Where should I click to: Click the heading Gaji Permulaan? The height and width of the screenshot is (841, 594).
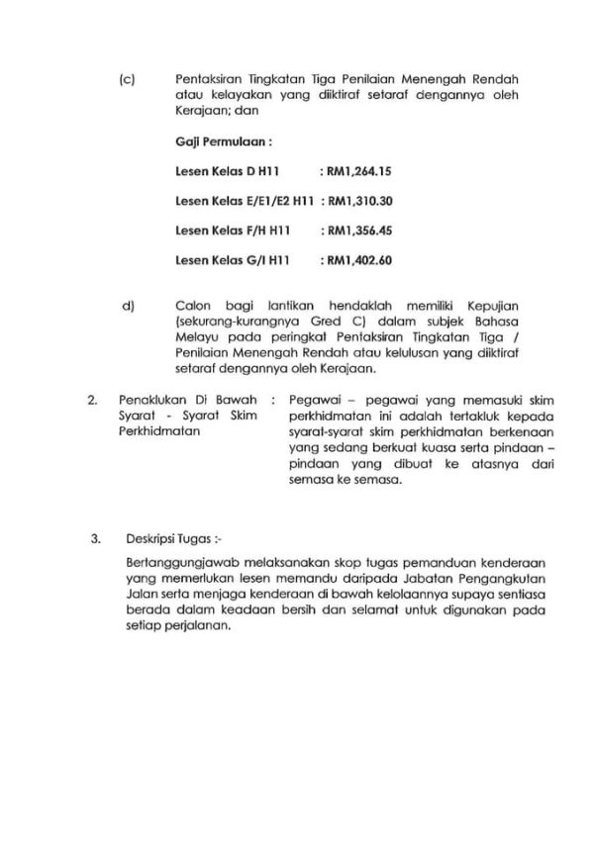209,141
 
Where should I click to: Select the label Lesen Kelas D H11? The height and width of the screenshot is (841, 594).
219,171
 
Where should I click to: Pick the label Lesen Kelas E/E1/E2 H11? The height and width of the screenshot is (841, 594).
243,201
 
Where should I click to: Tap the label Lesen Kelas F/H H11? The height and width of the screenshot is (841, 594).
225,231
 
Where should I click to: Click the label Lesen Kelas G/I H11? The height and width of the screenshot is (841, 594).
225,261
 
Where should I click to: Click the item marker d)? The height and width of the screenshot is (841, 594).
127,307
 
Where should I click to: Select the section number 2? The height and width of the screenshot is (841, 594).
91,401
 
